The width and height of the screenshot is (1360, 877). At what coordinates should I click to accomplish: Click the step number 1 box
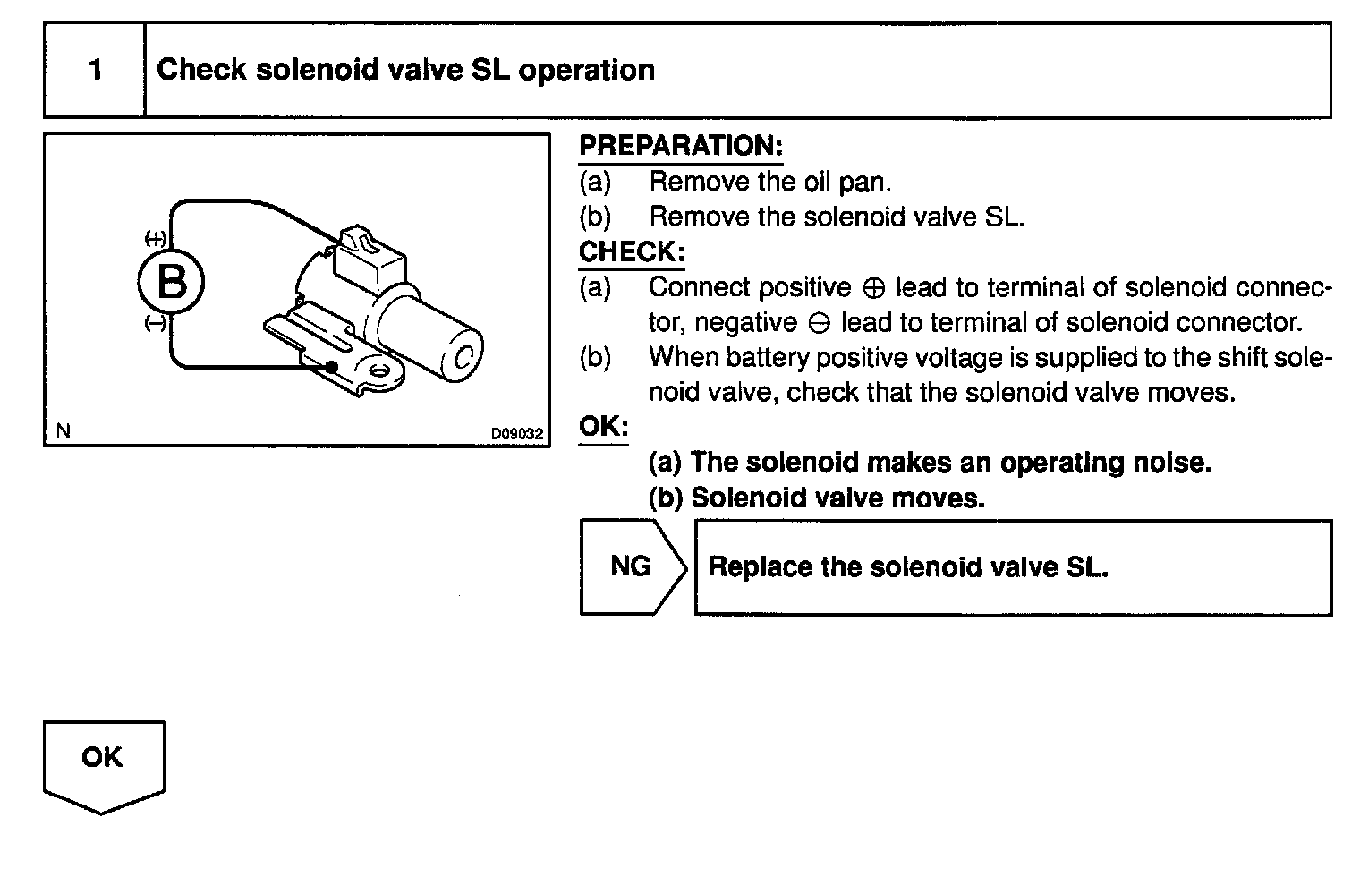pyautogui.click(x=95, y=71)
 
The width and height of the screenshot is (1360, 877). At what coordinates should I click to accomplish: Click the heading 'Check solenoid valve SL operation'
pyautogui.click(x=405, y=71)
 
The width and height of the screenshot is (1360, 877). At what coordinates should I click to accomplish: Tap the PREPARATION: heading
pyautogui.click(x=681, y=146)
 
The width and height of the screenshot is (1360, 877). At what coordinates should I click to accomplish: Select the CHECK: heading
pyautogui.click(x=632, y=251)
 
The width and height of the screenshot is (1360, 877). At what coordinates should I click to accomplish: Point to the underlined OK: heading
pyautogui.click(x=604, y=426)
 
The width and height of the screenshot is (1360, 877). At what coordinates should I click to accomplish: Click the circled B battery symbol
pyautogui.click(x=171, y=283)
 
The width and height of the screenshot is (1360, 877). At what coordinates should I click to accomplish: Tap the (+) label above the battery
pyautogui.click(x=156, y=239)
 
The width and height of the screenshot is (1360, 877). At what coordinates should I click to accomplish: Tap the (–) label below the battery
pyautogui.click(x=156, y=325)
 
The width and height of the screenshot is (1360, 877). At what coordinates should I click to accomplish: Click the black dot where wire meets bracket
pyautogui.click(x=332, y=367)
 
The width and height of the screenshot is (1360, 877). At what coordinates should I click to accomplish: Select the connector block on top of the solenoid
pyautogui.click(x=367, y=259)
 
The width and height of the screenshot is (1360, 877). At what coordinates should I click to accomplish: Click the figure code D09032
pyautogui.click(x=516, y=434)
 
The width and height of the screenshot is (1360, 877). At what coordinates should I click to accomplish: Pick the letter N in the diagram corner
pyautogui.click(x=63, y=431)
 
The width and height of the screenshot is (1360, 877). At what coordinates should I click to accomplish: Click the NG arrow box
pyautogui.click(x=632, y=566)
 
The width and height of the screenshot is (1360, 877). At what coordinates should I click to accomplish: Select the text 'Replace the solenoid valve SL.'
pyautogui.click(x=907, y=567)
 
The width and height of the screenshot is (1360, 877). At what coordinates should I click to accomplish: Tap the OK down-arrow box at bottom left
pyautogui.click(x=103, y=761)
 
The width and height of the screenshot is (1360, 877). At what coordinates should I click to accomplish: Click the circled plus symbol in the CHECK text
pyautogui.click(x=873, y=289)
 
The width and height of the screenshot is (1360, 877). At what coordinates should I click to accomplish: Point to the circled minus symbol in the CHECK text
pyautogui.click(x=819, y=324)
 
